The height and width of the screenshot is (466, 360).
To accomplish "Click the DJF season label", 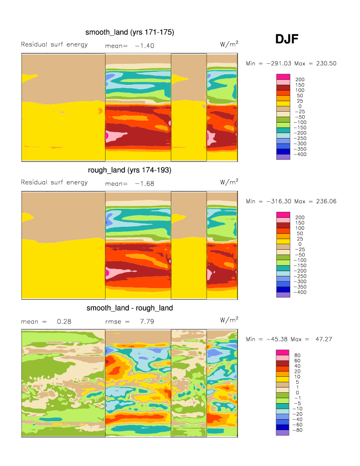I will tap(286, 39).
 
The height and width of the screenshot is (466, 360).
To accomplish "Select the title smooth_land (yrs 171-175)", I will tap(129, 32).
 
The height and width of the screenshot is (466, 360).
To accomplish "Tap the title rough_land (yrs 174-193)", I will tap(129, 170).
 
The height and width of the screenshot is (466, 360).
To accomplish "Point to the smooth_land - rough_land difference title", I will tap(129, 308).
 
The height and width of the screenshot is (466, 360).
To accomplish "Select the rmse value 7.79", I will tap(147, 321).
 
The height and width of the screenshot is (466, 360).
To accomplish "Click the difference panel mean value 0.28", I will tap(64, 321).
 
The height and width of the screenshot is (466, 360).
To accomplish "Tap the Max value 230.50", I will tap(326, 63).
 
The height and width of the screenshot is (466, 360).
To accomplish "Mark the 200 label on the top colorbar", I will tap(300, 79).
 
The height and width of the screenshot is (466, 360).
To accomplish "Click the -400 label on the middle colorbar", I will tap(302, 292).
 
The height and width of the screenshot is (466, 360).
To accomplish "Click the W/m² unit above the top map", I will tap(229, 44).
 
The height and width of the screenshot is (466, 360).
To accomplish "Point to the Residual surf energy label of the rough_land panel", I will tap(54, 182).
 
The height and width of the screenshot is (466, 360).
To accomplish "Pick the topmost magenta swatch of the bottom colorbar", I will tap(283, 352).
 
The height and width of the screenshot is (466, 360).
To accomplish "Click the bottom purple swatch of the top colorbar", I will tap(283, 156).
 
